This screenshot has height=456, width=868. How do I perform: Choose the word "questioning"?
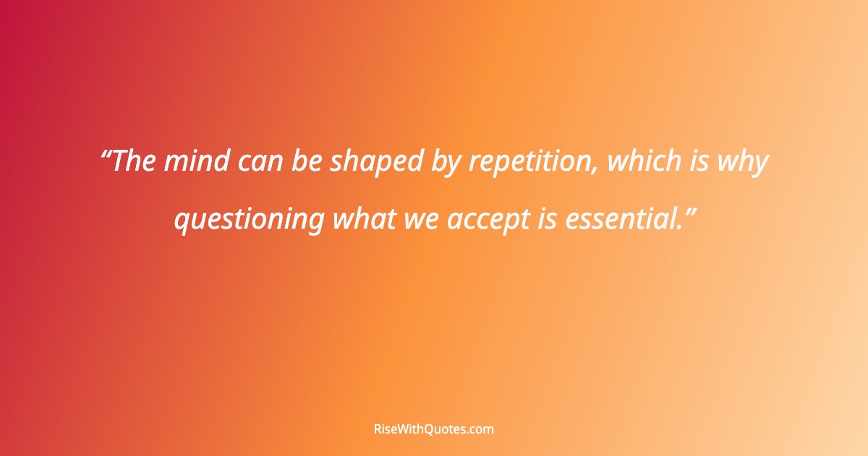[x=249, y=220]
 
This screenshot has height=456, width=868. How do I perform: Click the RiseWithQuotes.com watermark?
[x=433, y=429]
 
